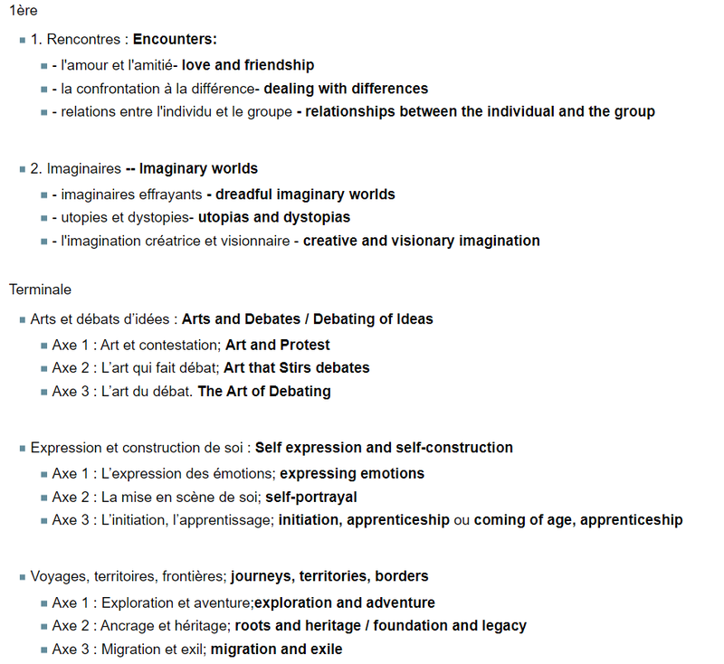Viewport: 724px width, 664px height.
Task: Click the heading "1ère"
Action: tap(24, 11)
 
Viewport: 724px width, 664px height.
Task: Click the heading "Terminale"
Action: tap(40, 289)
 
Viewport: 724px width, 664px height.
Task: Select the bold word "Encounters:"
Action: tap(175, 40)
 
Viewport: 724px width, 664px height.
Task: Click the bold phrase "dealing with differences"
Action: tap(346, 89)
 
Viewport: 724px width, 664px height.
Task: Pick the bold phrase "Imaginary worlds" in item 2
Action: tap(198, 168)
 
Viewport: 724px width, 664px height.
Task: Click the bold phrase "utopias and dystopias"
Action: tap(274, 217)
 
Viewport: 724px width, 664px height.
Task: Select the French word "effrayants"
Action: tap(169, 194)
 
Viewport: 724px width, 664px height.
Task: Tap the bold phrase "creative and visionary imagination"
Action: tap(422, 241)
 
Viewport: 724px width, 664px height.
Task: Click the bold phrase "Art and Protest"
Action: tap(278, 345)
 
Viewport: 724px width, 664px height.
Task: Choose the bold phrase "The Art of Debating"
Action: tap(264, 392)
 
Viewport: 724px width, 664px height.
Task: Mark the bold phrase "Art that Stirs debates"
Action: tap(297, 368)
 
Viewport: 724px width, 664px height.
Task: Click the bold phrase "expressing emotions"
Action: tap(352, 473)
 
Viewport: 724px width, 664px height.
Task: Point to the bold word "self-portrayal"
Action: tap(311, 497)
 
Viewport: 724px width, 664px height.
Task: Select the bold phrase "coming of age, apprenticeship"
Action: tap(578, 520)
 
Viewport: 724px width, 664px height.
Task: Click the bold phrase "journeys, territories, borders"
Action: tap(329, 576)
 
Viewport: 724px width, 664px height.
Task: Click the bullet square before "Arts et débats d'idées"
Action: tap(23, 319)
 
